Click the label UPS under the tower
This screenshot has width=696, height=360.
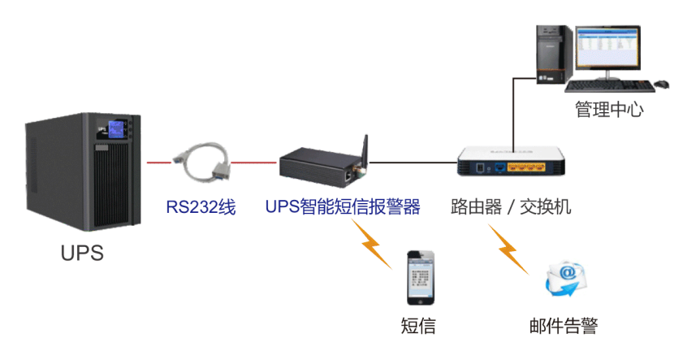tap(82, 253)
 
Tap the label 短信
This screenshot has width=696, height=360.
tap(419, 326)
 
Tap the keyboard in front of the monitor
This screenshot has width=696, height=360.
tap(606, 85)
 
